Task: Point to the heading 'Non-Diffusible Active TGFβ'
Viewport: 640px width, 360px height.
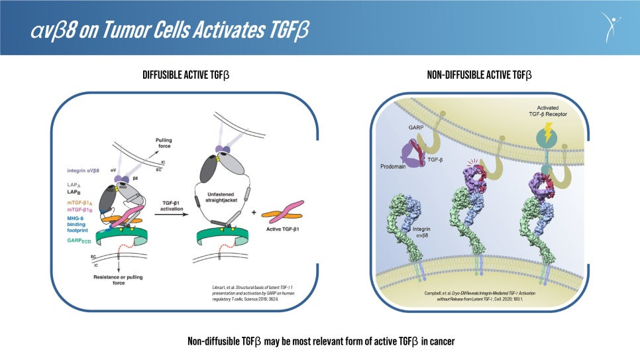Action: point(479,75)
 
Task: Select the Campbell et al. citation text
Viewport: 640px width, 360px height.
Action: point(480,295)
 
